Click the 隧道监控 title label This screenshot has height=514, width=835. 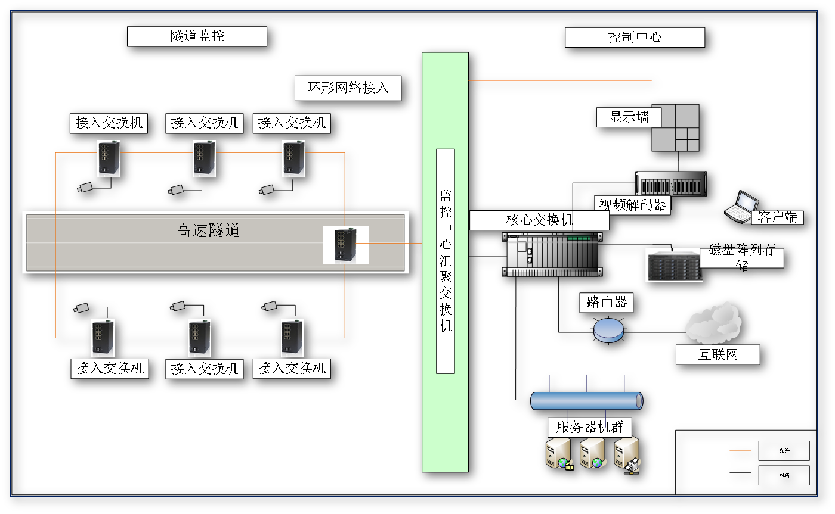pos(197,36)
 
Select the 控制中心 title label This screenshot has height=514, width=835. pos(635,38)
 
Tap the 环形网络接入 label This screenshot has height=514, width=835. pos(348,89)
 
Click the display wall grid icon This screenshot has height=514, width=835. pos(675,127)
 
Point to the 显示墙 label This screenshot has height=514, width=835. pos(629,117)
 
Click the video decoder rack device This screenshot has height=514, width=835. pos(671,183)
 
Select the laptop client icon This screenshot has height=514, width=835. pos(738,207)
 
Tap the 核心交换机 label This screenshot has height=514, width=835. pos(539,220)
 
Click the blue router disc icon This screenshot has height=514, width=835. pos(608,329)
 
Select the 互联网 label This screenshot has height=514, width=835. pos(718,355)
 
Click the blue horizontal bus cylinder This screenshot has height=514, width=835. pos(587,401)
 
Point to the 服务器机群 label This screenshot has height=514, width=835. pos(589,427)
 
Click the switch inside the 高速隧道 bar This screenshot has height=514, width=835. pos(346,245)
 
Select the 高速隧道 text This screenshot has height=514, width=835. pos(208,230)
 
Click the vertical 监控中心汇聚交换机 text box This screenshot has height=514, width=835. pos(446,261)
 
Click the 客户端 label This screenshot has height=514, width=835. pos(777,217)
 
